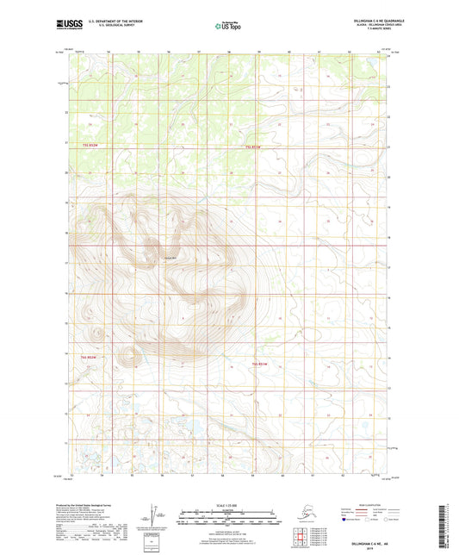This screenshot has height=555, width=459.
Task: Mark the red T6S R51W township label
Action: click(259, 364)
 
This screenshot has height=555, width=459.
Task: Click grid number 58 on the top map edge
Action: click(228, 52)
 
